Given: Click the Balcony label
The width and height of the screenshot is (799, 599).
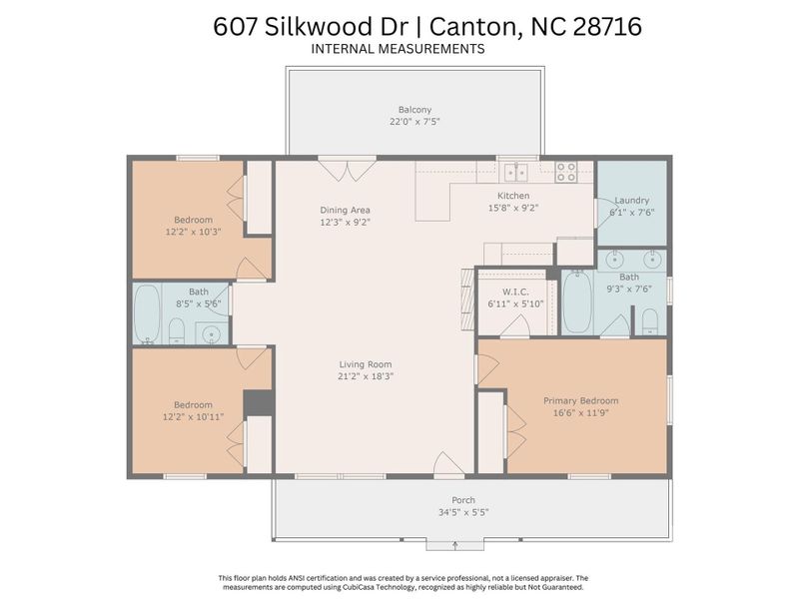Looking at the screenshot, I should point(414,109).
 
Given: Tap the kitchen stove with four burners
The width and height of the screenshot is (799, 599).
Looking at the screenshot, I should point(565,172).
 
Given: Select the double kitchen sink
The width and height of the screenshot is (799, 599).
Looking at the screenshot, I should point(515,171).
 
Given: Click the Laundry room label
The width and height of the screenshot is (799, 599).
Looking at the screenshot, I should point(631,200).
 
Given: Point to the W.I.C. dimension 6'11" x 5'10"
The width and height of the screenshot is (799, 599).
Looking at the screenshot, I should point(515,303).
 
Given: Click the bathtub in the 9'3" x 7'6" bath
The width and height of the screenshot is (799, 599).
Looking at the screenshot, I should point(577,301).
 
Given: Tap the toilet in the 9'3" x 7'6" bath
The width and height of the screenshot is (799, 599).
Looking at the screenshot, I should point(649,320).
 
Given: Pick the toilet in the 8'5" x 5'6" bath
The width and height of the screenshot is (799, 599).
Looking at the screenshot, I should point(177,329).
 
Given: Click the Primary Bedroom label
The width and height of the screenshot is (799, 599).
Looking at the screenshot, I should point(580,400).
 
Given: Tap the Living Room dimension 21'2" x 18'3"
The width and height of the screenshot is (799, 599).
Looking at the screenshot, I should point(365,376).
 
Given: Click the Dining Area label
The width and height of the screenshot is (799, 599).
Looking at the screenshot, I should point(346,210).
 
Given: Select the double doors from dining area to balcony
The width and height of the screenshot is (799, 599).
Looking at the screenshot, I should point(347,170).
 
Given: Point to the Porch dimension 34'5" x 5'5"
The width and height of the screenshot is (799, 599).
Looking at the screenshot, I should point(462,512).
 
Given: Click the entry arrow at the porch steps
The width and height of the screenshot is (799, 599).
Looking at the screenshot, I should point(455,545).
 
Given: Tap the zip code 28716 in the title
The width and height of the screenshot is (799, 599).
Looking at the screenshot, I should point(607,27).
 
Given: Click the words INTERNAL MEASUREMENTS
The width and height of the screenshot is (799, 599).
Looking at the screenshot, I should point(398,48).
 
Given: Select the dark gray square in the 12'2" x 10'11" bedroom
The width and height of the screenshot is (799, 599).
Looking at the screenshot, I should point(259,402).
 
